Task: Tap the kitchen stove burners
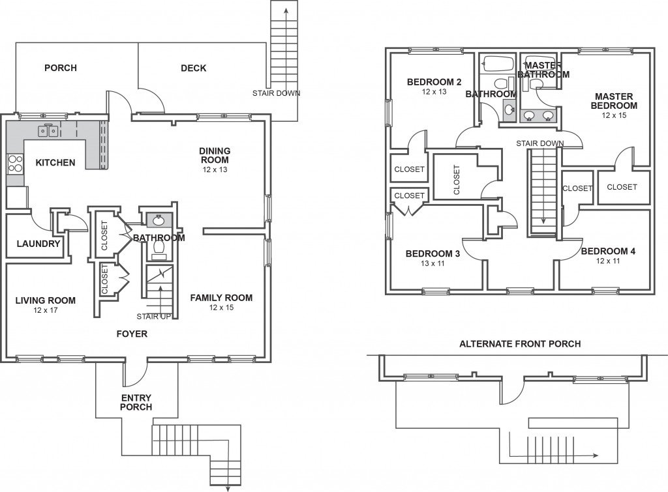(x=14, y=163)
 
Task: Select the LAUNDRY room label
(x=38, y=244)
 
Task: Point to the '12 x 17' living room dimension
(x=45, y=310)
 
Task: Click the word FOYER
(x=132, y=334)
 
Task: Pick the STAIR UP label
(x=155, y=317)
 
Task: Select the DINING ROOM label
(x=215, y=155)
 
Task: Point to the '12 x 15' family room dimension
(x=221, y=307)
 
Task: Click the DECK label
(x=193, y=68)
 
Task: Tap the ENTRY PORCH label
(x=136, y=402)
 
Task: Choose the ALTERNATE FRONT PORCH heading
(x=520, y=343)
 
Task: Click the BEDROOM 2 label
(x=434, y=82)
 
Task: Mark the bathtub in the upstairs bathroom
(x=498, y=64)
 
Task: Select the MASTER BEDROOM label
(x=614, y=101)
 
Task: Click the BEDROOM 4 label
(x=608, y=252)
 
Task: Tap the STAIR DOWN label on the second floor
(x=539, y=143)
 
